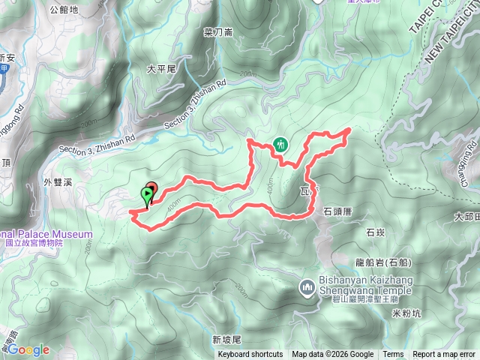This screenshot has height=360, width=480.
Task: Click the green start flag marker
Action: click(x=146, y=196)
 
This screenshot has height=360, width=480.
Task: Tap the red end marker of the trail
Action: click(x=151, y=188)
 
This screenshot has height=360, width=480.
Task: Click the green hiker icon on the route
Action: click(x=280, y=144)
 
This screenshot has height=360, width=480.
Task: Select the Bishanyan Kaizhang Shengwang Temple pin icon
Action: click(x=306, y=286)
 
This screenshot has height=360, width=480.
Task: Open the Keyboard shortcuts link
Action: click(x=250, y=355)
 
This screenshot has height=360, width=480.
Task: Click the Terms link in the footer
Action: click(x=393, y=355)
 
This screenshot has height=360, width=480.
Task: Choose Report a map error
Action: click(x=445, y=355)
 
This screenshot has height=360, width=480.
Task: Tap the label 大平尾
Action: click(x=160, y=69)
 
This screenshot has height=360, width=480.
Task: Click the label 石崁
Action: click(x=376, y=233)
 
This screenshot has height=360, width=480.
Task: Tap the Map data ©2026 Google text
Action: click(x=333, y=355)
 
